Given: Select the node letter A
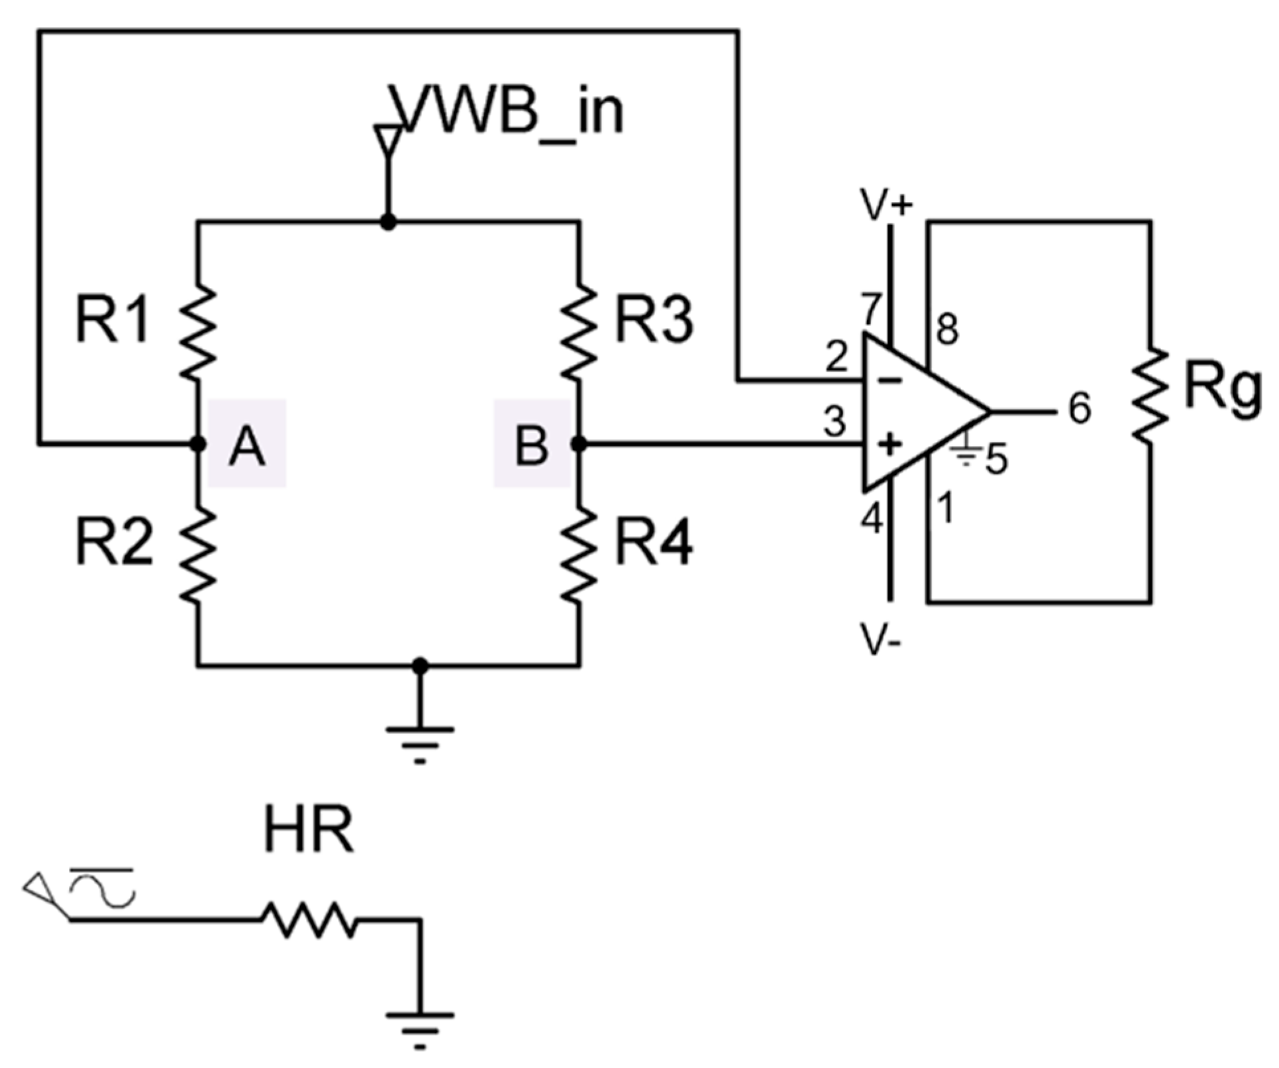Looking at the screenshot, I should click(247, 446).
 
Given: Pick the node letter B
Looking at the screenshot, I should click(532, 446).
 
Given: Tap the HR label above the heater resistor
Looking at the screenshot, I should click(309, 831).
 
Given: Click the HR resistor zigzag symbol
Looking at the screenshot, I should click(309, 919).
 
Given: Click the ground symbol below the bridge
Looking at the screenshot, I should click(420, 742).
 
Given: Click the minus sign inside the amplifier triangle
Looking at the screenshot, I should click(892, 381).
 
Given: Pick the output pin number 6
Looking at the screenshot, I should click(1080, 409).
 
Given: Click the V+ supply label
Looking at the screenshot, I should click(886, 205).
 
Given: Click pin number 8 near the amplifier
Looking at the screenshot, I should click(948, 329).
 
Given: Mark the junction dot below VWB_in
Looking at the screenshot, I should click(388, 222).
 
